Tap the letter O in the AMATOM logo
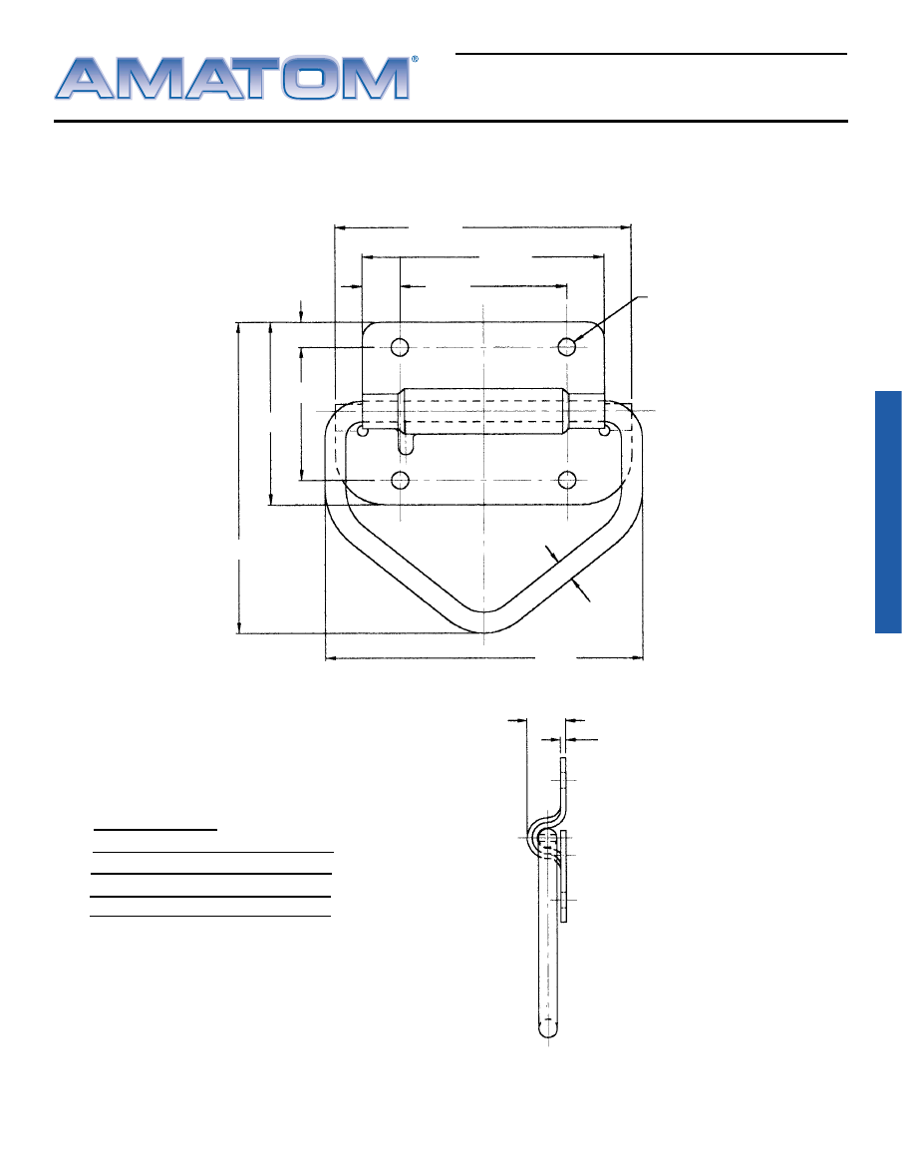pos(311,78)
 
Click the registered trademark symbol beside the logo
pos(415,59)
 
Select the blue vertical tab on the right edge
pos(888,512)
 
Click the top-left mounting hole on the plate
pos(401,347)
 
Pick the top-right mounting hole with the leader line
pos(567,346)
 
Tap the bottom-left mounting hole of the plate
pos(401,480)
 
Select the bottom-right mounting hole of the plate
pos(567,480)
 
